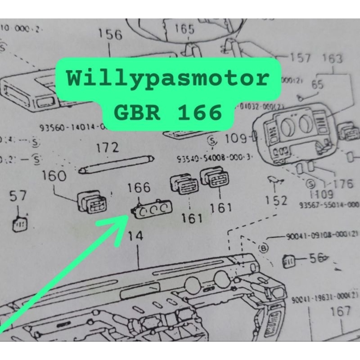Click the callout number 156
pos(110,35)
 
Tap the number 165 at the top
pos(184,30)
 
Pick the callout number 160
pos(54,176)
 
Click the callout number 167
pos(340,311)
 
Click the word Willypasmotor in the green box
pos(168,79)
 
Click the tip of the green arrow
pos(126,217)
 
